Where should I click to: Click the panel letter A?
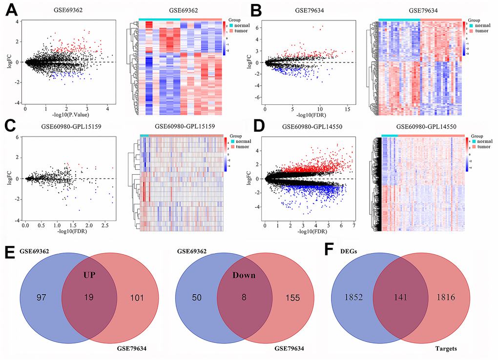(10, 10)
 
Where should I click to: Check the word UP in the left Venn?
(89, 275)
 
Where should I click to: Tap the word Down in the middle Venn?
(245, 275)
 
